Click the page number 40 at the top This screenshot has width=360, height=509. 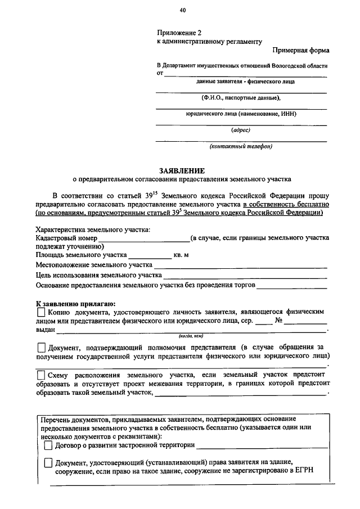coord(183,10)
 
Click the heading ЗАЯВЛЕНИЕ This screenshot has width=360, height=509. coord(182,170)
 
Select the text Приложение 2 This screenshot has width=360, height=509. coord(178,33)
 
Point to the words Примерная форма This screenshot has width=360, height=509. coord(301,50)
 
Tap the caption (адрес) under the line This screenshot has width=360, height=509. coord(241,130)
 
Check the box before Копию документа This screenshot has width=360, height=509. coord(41,311)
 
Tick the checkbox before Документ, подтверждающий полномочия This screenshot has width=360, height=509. coord(41,348)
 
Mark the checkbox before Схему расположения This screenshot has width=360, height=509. coord(41,375)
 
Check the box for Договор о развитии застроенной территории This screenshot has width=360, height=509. coord(48,445)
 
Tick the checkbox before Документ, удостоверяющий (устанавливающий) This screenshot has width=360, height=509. coord(48,462)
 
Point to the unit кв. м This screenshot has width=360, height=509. coord(181,255)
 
